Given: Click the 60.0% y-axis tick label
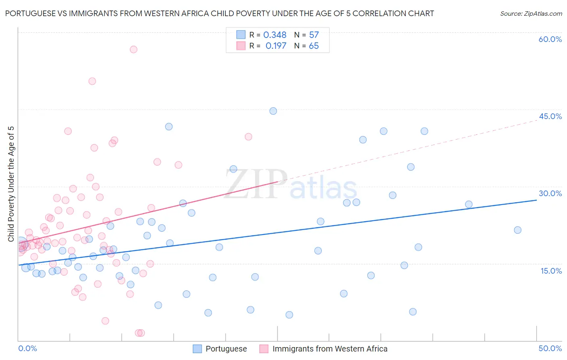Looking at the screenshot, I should (x=550, y=39).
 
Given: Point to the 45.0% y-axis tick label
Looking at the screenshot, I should (x=550, y=116).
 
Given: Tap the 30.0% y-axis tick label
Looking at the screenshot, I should (x=550, y=193).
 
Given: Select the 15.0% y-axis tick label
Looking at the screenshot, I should (x=551, y=271).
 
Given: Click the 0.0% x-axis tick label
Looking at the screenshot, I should (x=27, y=348).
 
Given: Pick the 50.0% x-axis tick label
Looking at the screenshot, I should (x=550, y=348).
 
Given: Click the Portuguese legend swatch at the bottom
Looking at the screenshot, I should (x=197, y=349).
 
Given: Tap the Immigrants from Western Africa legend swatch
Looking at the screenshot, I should (x=264, y=349).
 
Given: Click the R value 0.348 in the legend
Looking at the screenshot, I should (x=275, y=35).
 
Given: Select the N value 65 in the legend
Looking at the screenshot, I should (x=313, y=46).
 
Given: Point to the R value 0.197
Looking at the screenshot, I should (x=276, y=46).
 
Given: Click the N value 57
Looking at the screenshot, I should (x=314, y=35).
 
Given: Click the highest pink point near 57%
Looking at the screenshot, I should (x=133, y=49).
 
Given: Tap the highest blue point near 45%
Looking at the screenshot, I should (x=273, y=111).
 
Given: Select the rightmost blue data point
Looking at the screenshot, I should (x=518, y=230).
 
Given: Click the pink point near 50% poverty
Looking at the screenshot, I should (x=92, y=81).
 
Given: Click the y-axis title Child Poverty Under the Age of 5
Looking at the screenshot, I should (x=11, y=184).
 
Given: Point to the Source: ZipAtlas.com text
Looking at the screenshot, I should (x=531, y=14).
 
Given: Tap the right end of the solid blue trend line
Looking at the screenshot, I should (x=536, y=200).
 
